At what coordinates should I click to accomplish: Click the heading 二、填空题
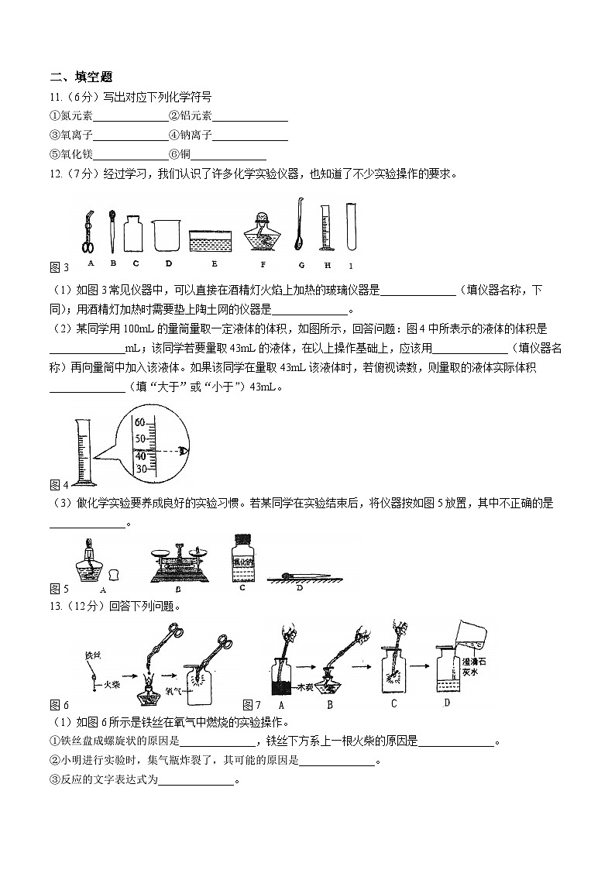coord(81,77)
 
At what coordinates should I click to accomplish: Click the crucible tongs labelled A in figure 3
coord(87,229)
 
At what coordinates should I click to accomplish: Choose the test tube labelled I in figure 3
coord(351,225)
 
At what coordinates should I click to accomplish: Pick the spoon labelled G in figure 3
coord(298,224)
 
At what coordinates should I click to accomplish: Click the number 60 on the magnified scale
coord(140,423)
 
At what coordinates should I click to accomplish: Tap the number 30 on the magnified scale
coord(140,469)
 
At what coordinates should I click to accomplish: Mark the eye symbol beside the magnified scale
coord(183,449)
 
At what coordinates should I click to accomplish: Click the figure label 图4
coord(59,485)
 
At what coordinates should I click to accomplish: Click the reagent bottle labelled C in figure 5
coord(242,559)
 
